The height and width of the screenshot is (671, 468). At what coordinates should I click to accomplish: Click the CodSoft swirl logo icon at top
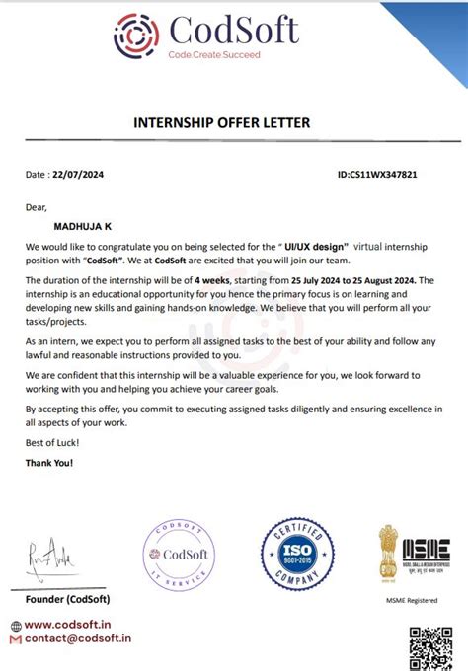pos(136,36)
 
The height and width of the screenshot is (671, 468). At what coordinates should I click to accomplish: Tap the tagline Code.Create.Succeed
pos(214,55)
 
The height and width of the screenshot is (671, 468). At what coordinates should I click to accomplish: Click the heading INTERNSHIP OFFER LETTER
pos(221,122)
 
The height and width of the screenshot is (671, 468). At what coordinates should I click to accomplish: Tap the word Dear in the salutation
pos(37,207)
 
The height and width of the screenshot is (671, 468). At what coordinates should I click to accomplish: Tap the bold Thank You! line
pos(49,463)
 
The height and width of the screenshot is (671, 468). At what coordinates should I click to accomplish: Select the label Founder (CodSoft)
pos(67,599)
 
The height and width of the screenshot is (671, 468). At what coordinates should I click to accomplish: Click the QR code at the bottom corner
pos(430,648)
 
